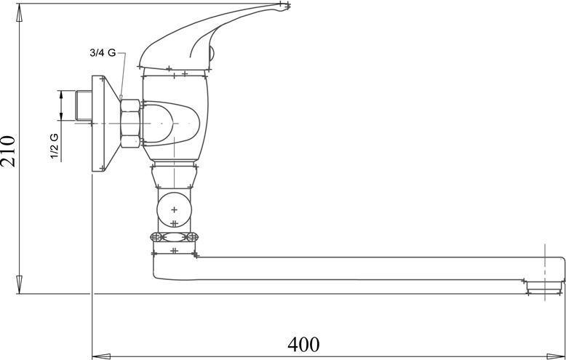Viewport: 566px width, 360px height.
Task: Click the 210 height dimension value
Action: (x=8, y=151)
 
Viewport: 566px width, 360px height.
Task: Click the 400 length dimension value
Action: (x=303, y=345)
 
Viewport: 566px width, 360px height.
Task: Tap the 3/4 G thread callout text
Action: (x=103, y=53)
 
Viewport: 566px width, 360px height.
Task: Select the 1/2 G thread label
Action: (x=54, y=145)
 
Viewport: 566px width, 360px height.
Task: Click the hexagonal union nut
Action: (x=130, y=124)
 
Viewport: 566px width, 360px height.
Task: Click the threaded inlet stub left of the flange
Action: (x=84, y=105)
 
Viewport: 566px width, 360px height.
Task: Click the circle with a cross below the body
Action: (x=175, y=209)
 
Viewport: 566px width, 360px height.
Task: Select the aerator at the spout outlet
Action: (x=544, y=287)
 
